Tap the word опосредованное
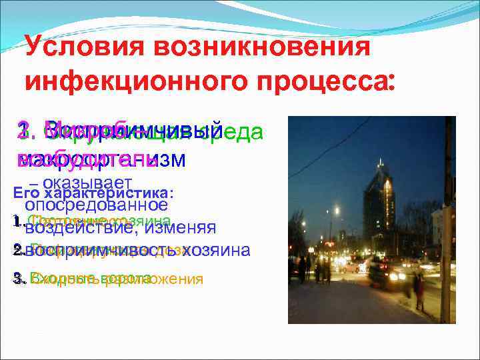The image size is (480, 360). click(x=96, y=204)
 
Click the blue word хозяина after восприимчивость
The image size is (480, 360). click(x=217, y=250)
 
